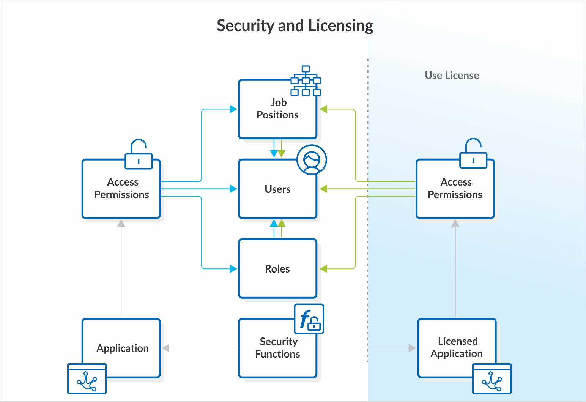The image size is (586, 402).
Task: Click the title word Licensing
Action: tap(340, 26)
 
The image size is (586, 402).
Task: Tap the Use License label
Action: tap(452, 76)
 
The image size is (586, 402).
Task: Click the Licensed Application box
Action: tap(457, 348)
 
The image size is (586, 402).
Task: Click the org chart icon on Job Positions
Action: tap(306, 80)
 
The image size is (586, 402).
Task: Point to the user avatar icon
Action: tap(312, 160)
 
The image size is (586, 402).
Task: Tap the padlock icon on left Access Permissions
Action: tap(139, 154)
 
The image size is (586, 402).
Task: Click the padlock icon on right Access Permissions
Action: tap(473, 154)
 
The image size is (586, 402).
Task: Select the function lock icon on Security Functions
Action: tap(309, 319)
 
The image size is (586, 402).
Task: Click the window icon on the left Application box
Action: tap(87, 378)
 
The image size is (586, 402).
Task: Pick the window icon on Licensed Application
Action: tap(492, 378)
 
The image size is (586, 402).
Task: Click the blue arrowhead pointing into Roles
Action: tap(233, 269)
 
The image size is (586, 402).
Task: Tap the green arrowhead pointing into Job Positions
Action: tap(323, 109)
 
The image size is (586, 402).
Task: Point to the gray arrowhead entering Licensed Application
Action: tap(412, 348)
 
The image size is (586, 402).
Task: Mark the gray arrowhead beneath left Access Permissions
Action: tap(121, 223)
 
